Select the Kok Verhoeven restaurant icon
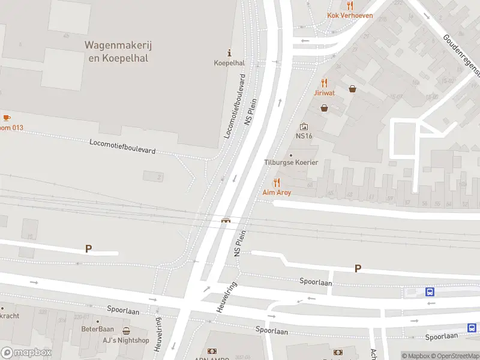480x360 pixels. pyautogui.click(x=350, y=5)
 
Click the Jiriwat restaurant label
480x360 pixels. pyautogui.click(x=324, y=93)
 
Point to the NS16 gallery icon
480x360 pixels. pyautogui.click(x=304, y=127)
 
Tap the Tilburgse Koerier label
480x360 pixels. pyautogui.click(x=291, y=163)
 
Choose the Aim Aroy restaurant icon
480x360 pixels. pyautogui.click(x=277, y=183)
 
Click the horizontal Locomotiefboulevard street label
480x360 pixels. pyautogui.click(x=122, y=146)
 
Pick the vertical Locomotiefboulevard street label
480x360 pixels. pyautogui.click(x=235, y=106)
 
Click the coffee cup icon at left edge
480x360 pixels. pyautogui.click(x=7, y=118)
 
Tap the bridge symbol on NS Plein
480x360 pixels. pyautogui.click(x=226, y=220)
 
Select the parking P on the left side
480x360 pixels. pyautogui.click(x=88, y=248)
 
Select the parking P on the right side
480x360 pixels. pyautogui.click(x=358, y=269)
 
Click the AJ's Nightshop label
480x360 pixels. pyautogui.click(x=126, y=340)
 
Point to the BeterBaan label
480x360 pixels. pyautogui.click(x=97, y=329)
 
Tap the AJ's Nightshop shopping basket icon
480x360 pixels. pyautogui.click(x=126, y=331)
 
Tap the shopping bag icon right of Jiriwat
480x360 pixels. pyautogui.click(x=352, y=89)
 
